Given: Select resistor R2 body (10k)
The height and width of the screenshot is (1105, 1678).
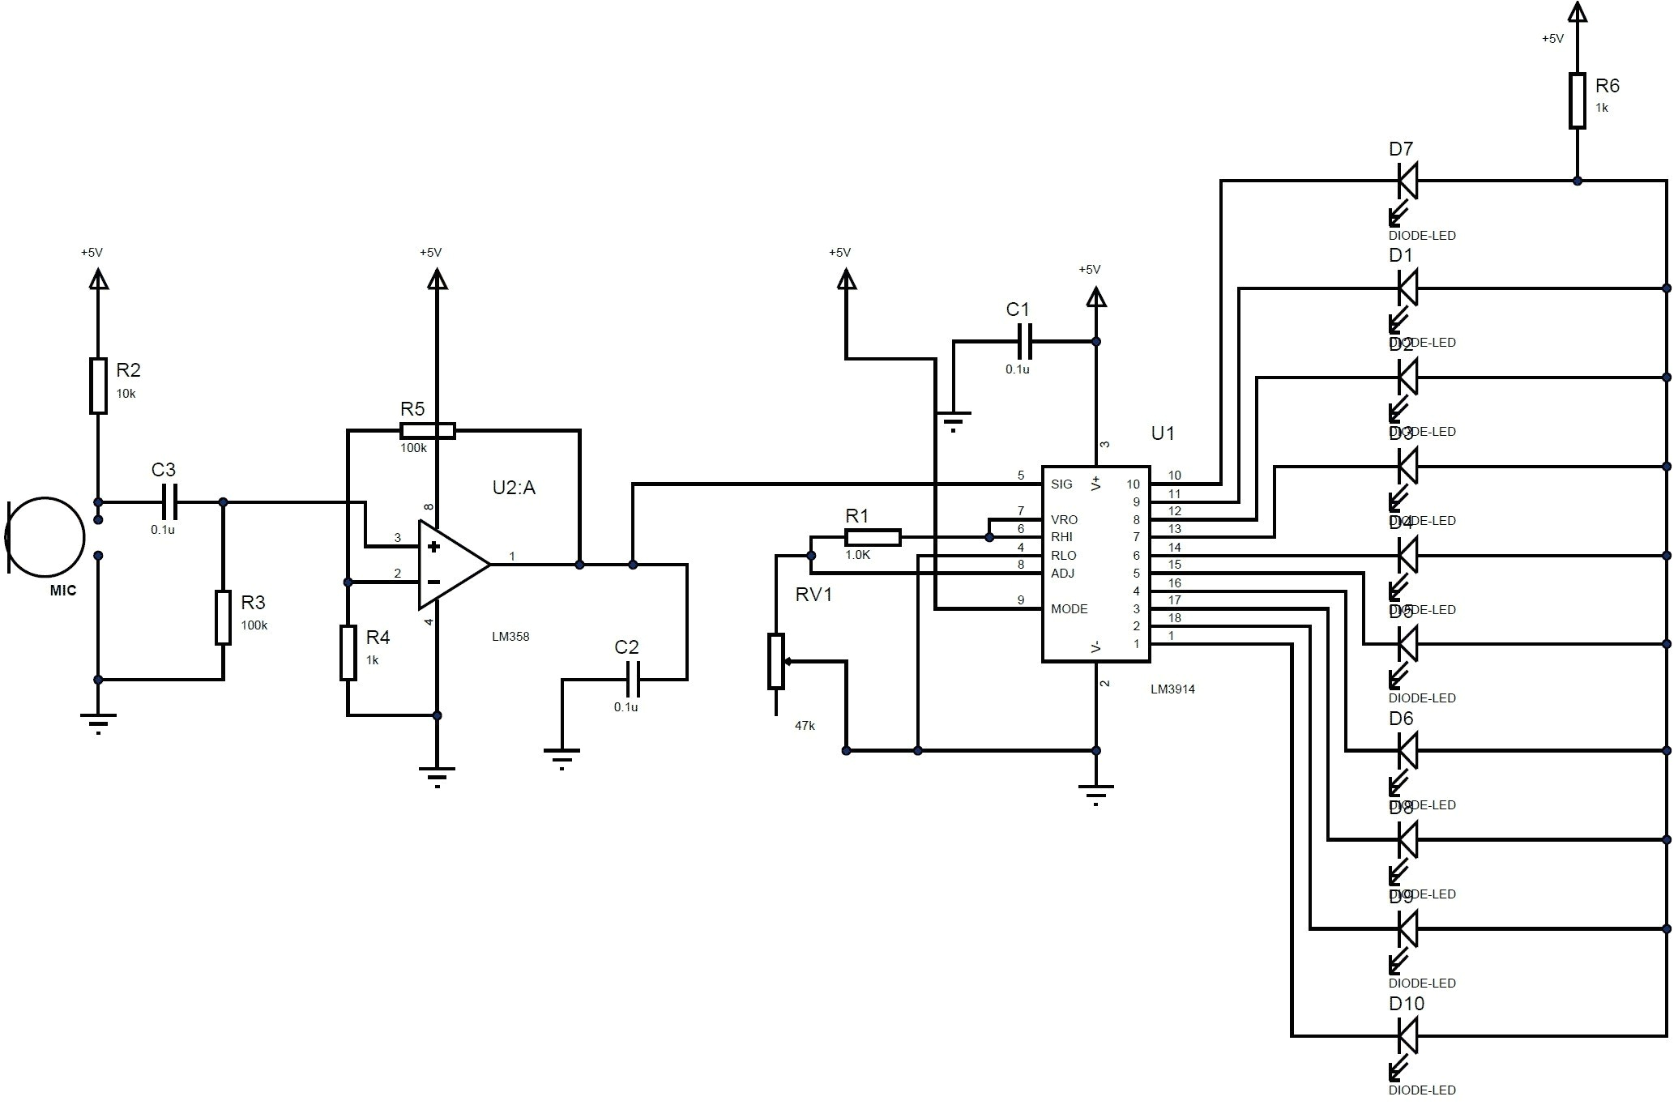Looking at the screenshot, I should click(98, 386).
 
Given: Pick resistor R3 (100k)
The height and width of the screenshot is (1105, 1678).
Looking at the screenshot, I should click(223, 617).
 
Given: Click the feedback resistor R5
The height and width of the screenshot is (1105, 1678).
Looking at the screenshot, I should click(428, 431).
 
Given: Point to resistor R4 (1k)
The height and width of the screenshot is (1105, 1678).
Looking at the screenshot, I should click(348, 652).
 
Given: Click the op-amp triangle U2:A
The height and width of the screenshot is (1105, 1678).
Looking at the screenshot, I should click(450, 565).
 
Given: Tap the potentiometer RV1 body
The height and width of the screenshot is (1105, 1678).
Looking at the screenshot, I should click(776, 662).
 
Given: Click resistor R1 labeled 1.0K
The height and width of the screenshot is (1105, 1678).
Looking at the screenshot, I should click(873, 537).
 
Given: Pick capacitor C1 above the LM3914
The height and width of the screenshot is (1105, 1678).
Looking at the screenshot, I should click(1024, 341).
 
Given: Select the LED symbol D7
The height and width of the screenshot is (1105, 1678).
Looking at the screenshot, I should click(1408, 181).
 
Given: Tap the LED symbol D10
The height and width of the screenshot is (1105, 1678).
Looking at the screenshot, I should click(1408, 1035).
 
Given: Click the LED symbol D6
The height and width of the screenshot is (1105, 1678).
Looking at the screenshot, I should click(1408, 750).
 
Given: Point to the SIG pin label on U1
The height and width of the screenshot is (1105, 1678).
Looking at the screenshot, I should click(1061, 484).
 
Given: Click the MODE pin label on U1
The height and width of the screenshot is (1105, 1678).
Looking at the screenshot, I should click(1069, 609).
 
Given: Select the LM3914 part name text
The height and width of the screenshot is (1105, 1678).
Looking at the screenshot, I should click(1172, 689).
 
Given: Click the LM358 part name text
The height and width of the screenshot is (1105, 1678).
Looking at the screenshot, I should click(510, 637).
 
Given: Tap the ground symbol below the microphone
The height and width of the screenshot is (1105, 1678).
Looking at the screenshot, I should click(98, 720).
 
